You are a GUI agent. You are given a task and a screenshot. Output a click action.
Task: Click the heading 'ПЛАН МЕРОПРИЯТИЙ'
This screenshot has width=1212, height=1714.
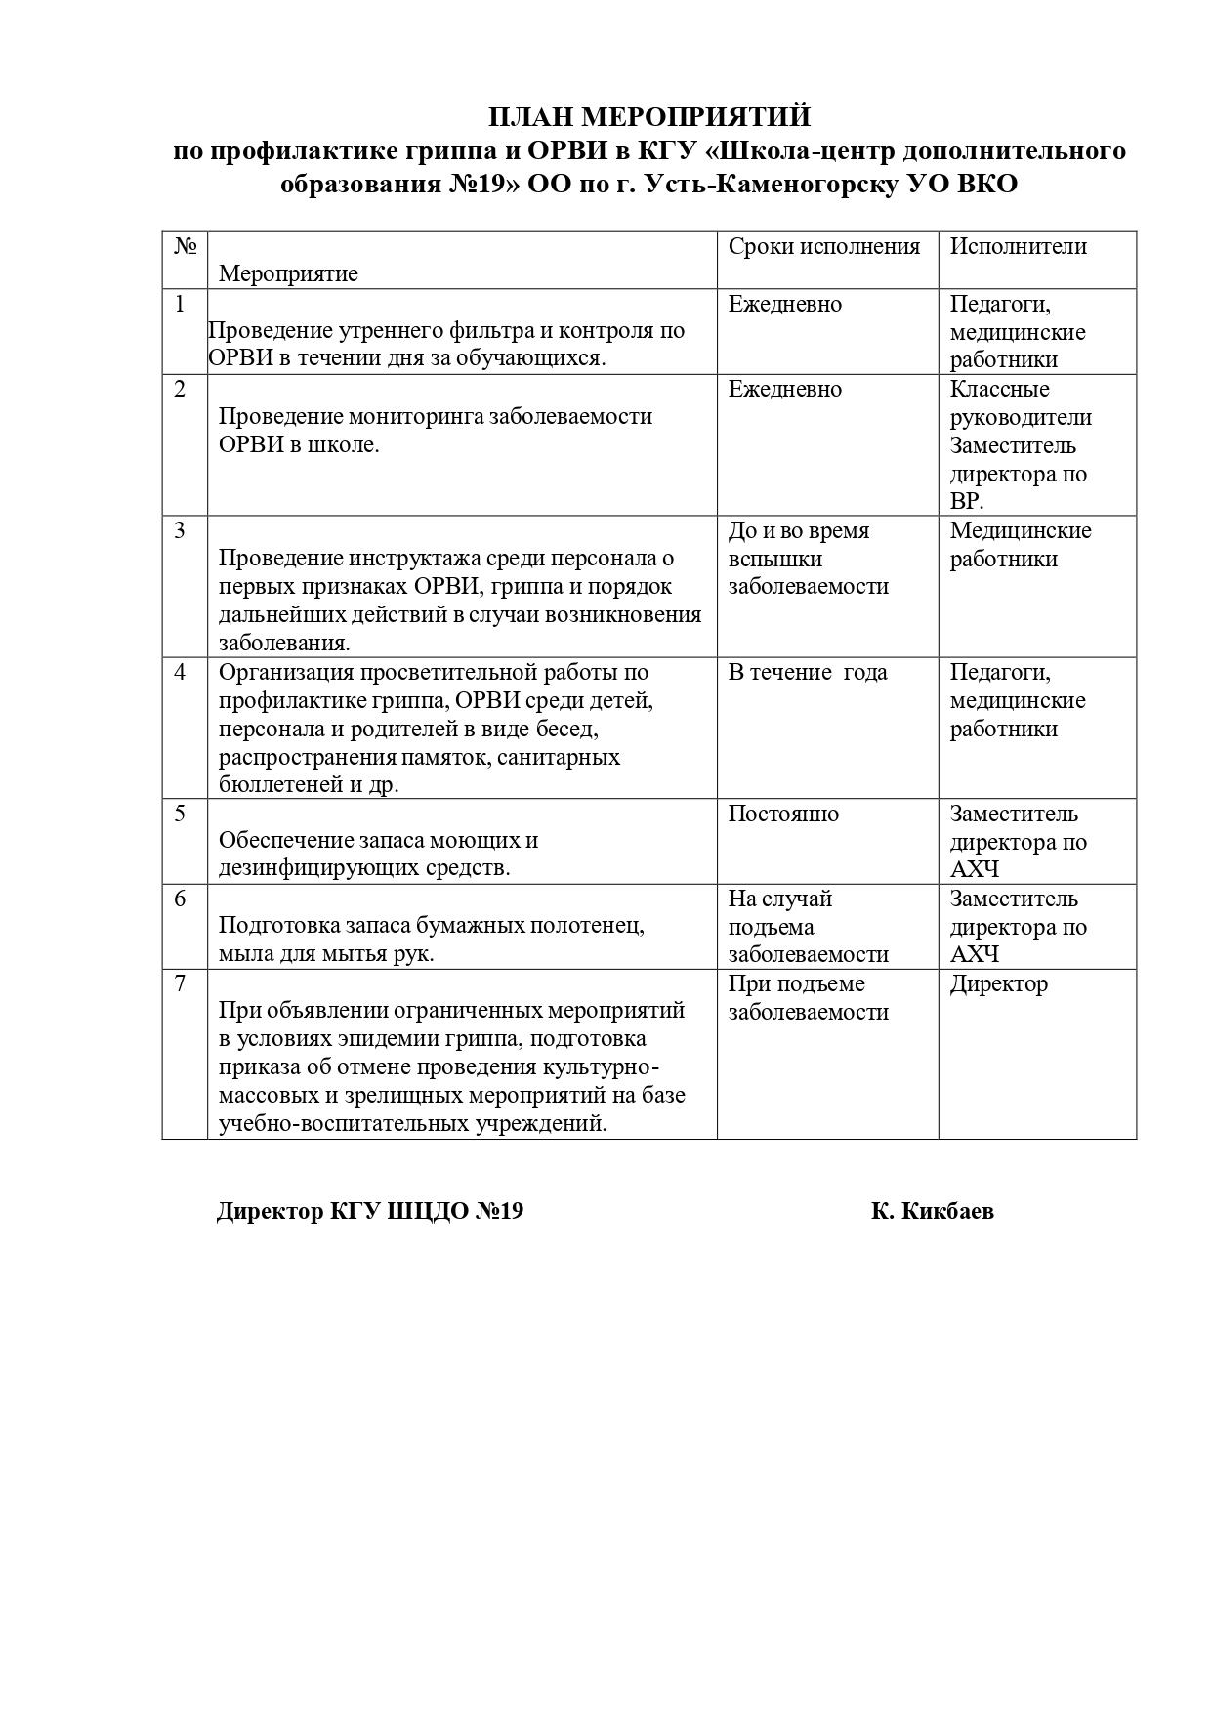(x=648, y=117)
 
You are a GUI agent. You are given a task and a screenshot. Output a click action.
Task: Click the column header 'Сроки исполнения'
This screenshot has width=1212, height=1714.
(x=823, y=246)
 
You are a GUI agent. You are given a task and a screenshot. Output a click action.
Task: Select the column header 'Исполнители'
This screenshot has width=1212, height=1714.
(x=1018, y=246)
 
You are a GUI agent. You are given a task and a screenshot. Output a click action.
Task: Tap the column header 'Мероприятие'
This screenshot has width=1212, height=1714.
(x=288, y=273)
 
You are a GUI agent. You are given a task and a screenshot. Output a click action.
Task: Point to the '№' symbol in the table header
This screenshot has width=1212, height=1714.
(x=185, y=246)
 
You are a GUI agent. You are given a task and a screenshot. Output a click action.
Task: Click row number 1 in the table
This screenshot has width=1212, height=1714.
(x=180, y=304)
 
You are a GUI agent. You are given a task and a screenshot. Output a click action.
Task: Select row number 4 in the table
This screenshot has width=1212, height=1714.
(x=180, y=672)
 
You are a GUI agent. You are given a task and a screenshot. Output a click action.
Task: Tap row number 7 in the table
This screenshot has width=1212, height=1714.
(x=180, y=983)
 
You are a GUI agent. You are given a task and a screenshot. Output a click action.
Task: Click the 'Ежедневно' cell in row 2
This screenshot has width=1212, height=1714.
(x=784, y=389)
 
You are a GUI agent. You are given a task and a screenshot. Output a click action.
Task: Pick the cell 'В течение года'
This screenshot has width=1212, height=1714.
(x=808, y=672)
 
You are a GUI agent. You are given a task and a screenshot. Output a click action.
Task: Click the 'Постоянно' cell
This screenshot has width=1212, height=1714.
(x=783, y=814)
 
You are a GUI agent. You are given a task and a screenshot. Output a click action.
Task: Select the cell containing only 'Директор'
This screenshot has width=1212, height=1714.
(x=998, y=983)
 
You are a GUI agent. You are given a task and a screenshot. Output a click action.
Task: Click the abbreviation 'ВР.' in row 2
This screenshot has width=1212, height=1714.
(x=967, y=502)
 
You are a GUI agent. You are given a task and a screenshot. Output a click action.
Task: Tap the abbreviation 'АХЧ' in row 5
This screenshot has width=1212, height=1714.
(x=975, y=869)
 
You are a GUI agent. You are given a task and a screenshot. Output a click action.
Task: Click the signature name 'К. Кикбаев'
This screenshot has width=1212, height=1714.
(x=933, y=1211)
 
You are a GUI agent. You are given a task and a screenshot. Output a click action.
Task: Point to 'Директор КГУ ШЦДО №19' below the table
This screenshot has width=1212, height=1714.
(x=370, y=1211)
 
